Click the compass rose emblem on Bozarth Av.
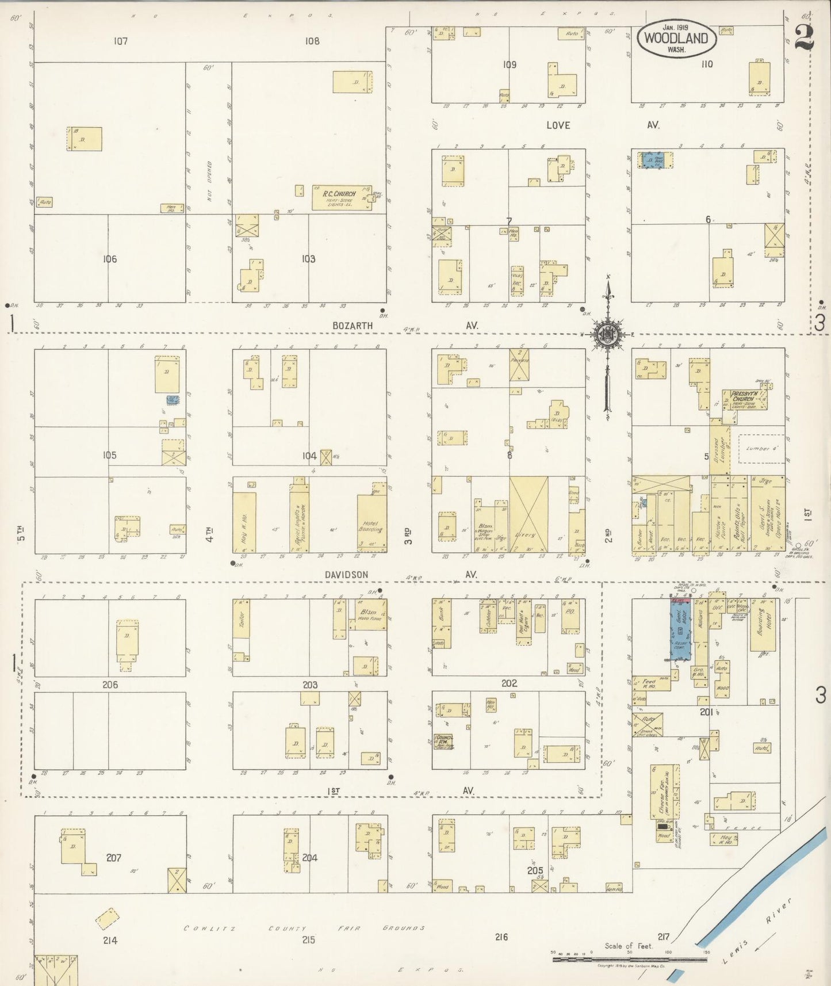click(x=607, y=334)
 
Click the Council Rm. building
click(x=444, y=740)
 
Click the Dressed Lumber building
click(x=718, y=450)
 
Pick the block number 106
click(x=110, y=259)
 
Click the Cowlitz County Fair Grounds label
click(x=304, y=927)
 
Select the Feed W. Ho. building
click(x=650, y=683)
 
